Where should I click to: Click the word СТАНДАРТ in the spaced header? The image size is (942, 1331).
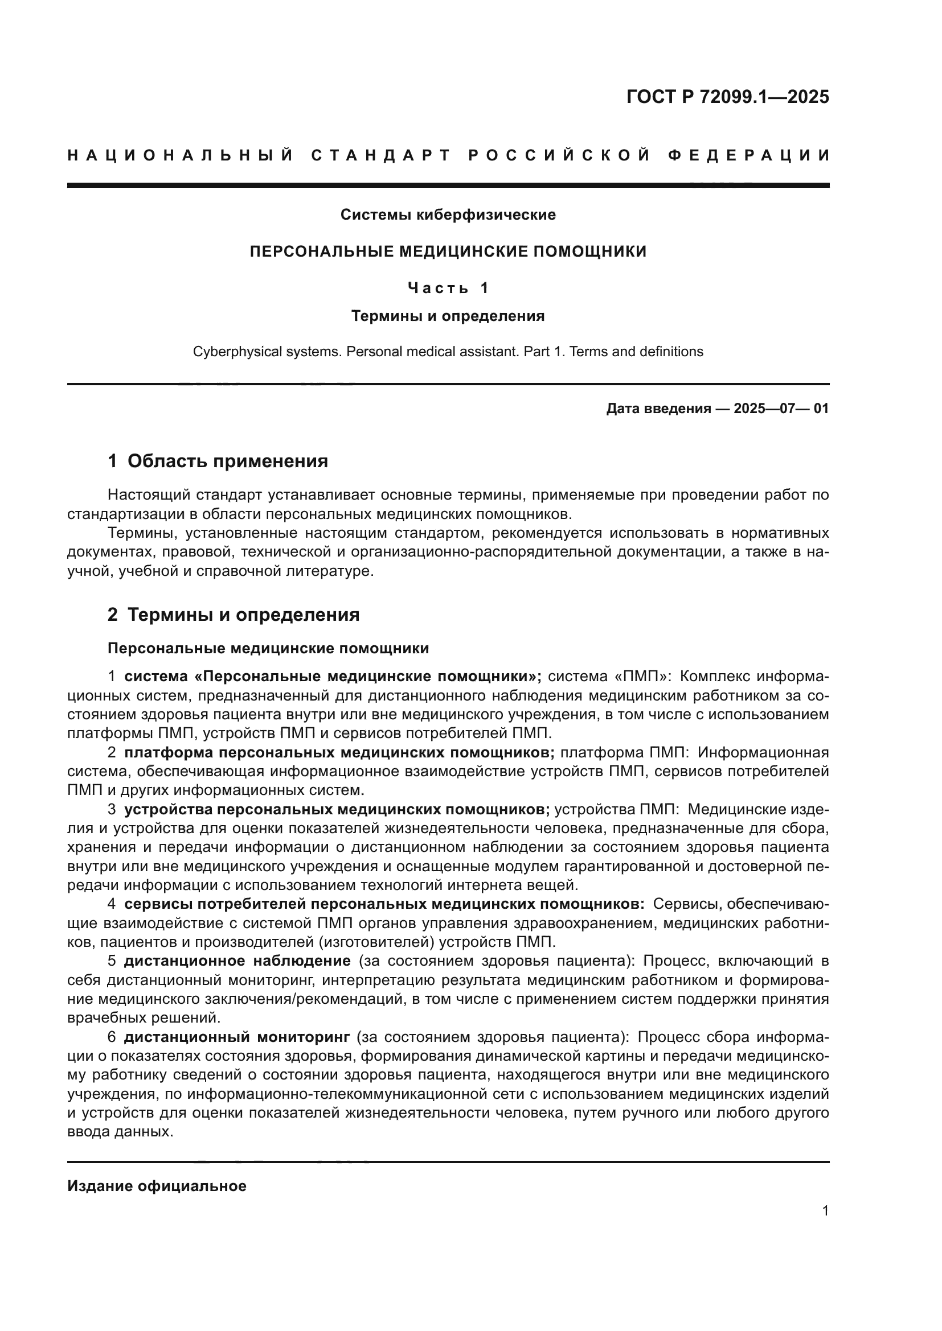click(x=381, y=155)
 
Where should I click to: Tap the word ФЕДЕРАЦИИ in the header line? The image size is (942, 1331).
click(x=749, y=155)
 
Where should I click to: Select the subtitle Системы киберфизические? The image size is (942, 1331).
click(x=448, y=215)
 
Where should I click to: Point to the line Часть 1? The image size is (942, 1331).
click(x=448, y=287)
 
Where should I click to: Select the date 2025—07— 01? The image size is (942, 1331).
click(x=781, y=409)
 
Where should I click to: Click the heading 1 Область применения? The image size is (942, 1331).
click(x=218, y=461)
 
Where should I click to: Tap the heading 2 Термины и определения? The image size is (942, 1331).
click(x=233, y=615)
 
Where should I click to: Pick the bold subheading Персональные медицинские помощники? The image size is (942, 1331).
click(x=268, y=649)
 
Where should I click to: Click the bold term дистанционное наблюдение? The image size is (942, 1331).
click(x=237, y=961)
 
